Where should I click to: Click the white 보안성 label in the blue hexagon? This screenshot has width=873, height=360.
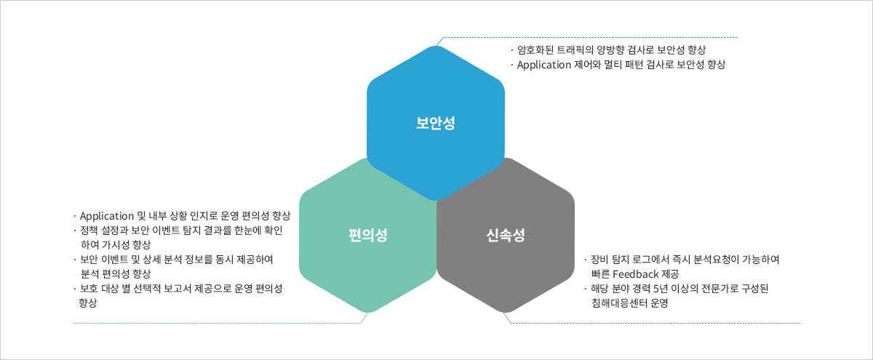point(435,123)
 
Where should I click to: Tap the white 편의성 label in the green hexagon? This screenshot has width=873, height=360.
point(368,236)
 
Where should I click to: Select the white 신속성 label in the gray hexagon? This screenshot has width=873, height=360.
point(506,236)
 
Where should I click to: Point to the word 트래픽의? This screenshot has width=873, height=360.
point(575,50)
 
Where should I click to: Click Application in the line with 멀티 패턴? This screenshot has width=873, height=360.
point(544,65)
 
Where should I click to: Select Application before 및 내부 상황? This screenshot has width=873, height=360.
point(107,216)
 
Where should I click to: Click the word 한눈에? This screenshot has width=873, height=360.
point(247,231)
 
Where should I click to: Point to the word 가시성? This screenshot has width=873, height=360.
point(116,244)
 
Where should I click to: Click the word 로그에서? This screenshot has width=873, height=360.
point(650,260)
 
